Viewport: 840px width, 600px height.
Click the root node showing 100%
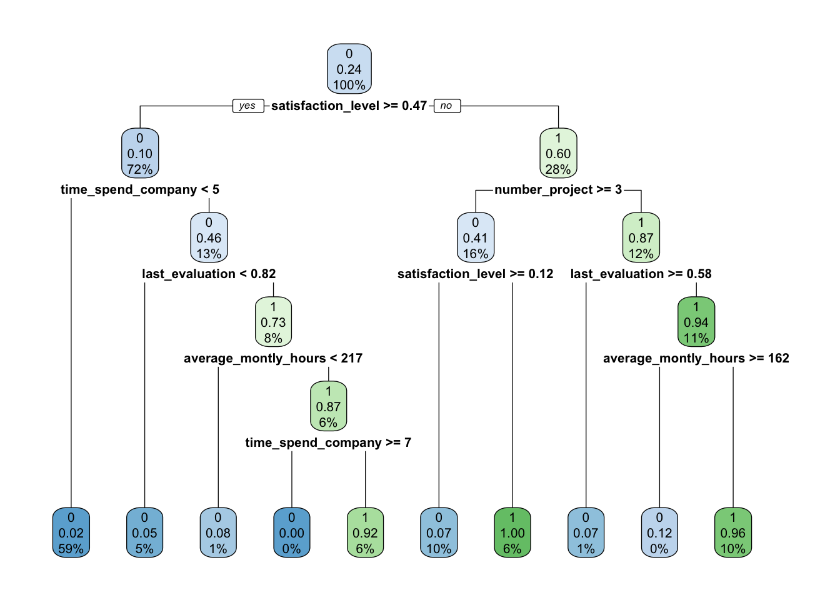(349, 69)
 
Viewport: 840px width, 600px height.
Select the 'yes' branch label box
(247, 106)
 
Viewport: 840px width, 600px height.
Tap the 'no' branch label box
(446, 106)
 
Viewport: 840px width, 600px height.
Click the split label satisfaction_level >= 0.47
(349, 106)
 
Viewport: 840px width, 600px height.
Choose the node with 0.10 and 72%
(140, 154)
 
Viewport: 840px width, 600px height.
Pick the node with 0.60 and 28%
(558, 154)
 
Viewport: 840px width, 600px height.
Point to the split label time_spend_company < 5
(140, 189)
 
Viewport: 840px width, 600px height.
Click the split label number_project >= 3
(558, 189)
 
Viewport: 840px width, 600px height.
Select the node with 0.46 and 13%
(209, 238)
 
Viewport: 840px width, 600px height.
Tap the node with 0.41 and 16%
(476, 238)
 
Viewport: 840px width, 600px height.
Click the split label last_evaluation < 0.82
(209, 274)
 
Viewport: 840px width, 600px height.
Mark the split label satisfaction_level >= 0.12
(476, 274)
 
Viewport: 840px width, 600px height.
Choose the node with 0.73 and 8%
(273, 322)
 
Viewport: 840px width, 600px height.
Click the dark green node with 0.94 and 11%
(696, 322)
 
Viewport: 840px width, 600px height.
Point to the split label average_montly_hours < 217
(273, 358)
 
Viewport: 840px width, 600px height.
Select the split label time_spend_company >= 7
(328, 442)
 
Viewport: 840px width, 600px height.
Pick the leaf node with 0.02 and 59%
(71, 533)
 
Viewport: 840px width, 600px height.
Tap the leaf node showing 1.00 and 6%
(512, 533)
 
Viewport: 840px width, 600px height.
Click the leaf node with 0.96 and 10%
(733, 533)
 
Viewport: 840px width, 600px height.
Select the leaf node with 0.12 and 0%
(659, 533)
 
